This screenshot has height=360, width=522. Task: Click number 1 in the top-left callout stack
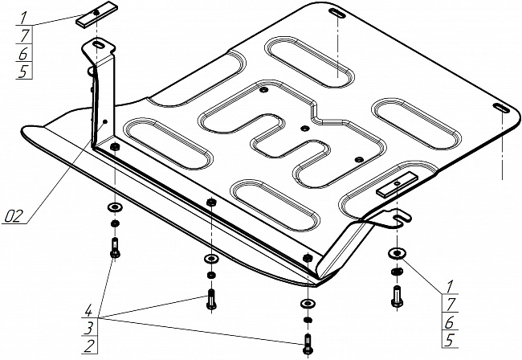[x=24, y=17]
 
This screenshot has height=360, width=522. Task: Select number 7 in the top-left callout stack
[x=24, y=37]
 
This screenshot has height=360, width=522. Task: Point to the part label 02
[x=14, y=215]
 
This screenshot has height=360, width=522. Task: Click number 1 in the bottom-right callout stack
[x=451, y=285]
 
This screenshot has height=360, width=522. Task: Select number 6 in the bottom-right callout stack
[x=451, y=322]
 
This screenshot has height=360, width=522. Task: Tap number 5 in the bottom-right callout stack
[x=451, y=341]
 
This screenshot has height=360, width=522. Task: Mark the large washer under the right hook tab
[x=396, y=255]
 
